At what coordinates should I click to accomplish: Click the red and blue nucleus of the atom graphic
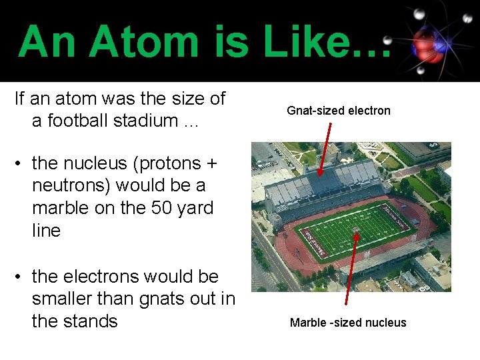point(427,45)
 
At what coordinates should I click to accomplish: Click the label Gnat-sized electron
point(338,111)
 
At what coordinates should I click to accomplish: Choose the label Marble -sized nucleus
point(347,323)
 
